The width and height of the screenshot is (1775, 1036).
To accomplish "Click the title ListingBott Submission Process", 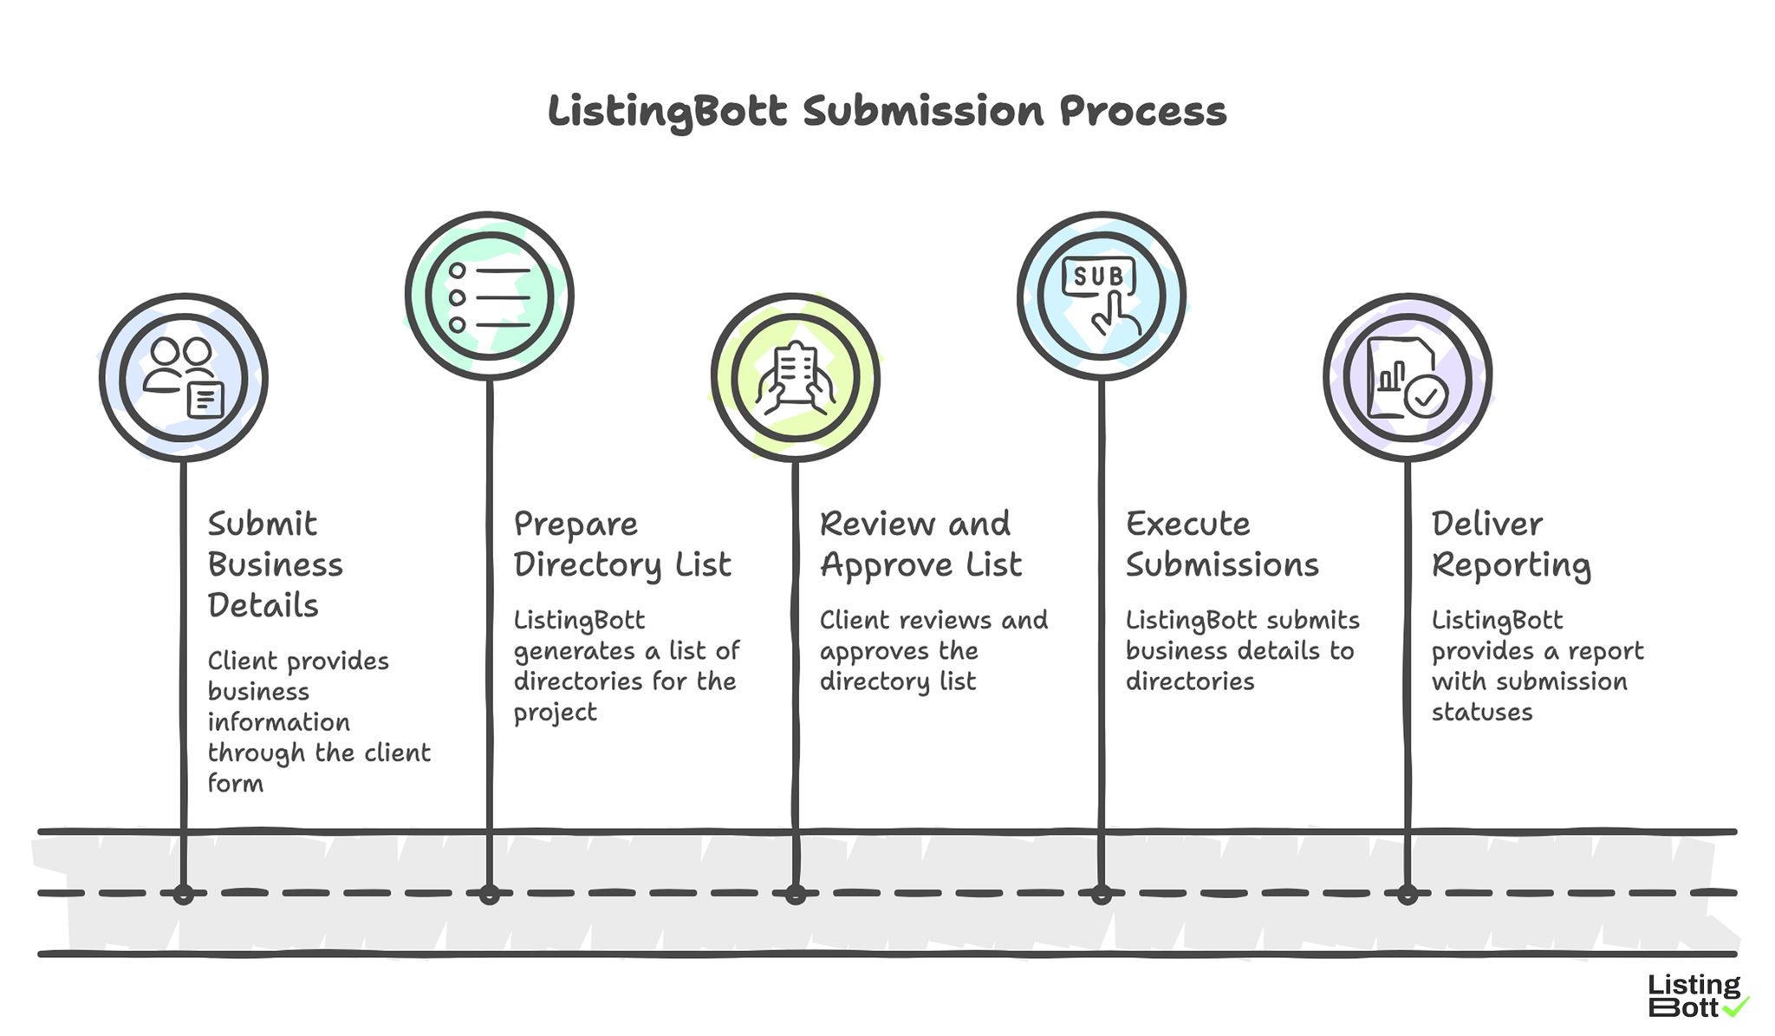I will (x=887, y=112).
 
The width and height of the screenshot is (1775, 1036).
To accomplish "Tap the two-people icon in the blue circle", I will (x=183, y=377).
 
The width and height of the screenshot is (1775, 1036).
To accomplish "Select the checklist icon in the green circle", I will (x=489, y=296).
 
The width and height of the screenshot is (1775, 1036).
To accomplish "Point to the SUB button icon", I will (x=1099, y=276).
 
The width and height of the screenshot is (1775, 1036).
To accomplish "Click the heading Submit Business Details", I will (x=275, y=564).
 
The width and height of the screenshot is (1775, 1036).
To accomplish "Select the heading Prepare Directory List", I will (x=622, y=544).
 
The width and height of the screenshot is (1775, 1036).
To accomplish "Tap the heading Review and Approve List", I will (x=920, y=544).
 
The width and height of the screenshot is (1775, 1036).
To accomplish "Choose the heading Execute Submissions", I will (x=1221, y=544).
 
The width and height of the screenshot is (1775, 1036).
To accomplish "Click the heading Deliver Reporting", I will (x=1511, y=544).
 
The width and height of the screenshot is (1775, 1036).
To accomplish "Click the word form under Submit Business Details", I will (x=235, y=783).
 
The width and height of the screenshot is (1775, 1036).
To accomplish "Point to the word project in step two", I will (x=555, y=713).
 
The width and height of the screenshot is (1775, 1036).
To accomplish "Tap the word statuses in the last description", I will (x=1481, y=713).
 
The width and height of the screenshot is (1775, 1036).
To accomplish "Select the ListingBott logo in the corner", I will (x=1694, y=996).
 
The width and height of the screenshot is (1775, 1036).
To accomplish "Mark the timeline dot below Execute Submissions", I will (x=1101, y=894).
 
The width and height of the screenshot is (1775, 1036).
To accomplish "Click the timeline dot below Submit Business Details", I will (x=183, y=894).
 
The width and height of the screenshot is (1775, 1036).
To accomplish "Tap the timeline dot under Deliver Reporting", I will (x=1407, y=894).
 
